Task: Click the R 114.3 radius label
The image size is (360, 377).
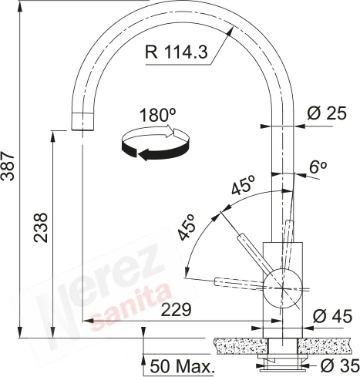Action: click(x=176, y=52)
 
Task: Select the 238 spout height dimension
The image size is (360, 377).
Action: click(x=41, y=227)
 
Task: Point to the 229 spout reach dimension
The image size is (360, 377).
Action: click(x=177, y=309)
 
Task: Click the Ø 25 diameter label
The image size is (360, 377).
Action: click(x=327, y=113)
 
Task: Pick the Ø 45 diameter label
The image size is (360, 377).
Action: click(x=332, y=316)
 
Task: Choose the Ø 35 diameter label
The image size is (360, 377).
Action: click(x=340, y=365)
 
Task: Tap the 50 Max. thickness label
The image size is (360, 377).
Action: click(x=182, y=366)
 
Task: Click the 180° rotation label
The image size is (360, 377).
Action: click(x=158, y=115)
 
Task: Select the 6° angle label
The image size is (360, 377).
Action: click(x=318, y=167)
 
